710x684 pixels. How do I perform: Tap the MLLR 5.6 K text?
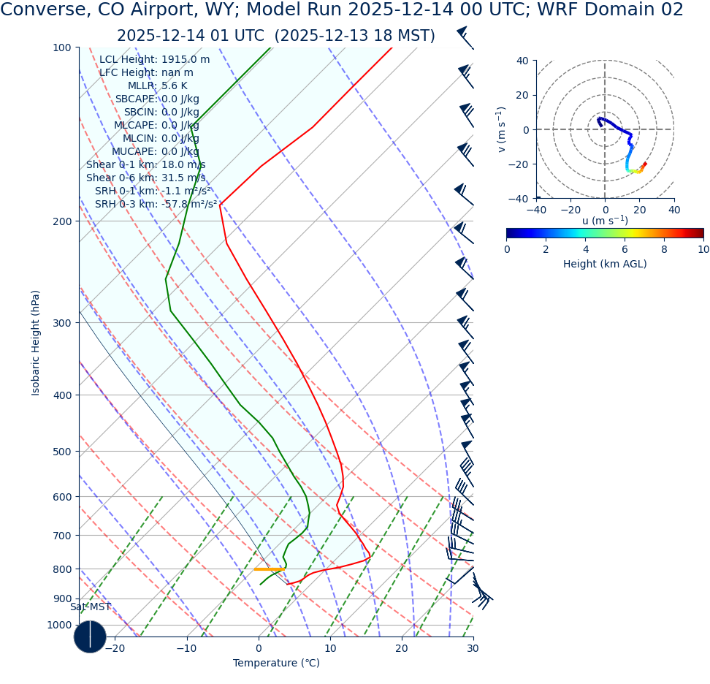coord(157,86)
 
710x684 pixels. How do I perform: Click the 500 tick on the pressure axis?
coord(62,452)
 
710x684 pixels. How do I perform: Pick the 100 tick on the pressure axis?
coord(62,47)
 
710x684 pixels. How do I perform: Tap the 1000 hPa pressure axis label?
coord(59,626)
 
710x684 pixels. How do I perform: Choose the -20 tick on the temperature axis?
coord(115,649)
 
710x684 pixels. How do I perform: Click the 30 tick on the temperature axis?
coord(473,649)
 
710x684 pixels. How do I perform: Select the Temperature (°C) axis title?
coord(276,664)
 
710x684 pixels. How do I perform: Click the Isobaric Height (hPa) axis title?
coord(36,343)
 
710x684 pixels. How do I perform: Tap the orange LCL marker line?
coord(268,569)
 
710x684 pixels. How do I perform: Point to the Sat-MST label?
coord(91,607)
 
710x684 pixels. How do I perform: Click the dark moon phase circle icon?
coord(90,636)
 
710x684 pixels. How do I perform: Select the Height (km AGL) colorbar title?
coord(605,265)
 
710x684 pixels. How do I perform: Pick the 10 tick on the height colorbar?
coord(703,249)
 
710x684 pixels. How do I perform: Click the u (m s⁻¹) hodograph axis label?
coord(605,221)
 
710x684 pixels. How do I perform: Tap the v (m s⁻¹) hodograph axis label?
coord(501,129)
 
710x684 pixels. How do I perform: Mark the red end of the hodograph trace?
coord(644,164)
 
